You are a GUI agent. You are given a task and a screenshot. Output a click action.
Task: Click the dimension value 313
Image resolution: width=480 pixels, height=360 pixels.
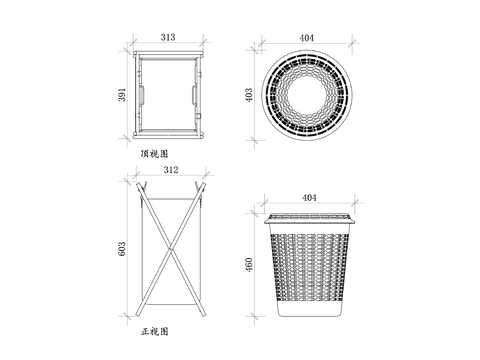point(168,37)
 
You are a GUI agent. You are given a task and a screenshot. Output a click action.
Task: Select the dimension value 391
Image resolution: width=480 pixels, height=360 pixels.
point(122,95)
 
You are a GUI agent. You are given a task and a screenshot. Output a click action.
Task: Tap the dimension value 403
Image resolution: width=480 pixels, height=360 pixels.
point(249,95)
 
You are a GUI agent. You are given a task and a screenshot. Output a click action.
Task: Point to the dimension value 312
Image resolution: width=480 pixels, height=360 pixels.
point(171,170)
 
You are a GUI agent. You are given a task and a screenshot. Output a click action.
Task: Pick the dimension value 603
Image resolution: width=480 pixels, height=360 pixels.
point(122,249)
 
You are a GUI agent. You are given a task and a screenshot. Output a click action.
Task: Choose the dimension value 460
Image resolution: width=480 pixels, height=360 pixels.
point(249,265)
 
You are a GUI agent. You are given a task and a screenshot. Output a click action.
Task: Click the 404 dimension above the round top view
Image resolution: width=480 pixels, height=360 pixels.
point(306,38)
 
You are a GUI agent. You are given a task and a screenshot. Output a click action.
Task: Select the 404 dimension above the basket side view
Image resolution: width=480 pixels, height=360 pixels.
point(309,198)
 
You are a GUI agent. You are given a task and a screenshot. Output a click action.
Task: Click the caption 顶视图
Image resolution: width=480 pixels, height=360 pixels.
point(154,154)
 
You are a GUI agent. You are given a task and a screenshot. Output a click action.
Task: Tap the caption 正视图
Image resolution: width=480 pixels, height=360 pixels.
point(154,331)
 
